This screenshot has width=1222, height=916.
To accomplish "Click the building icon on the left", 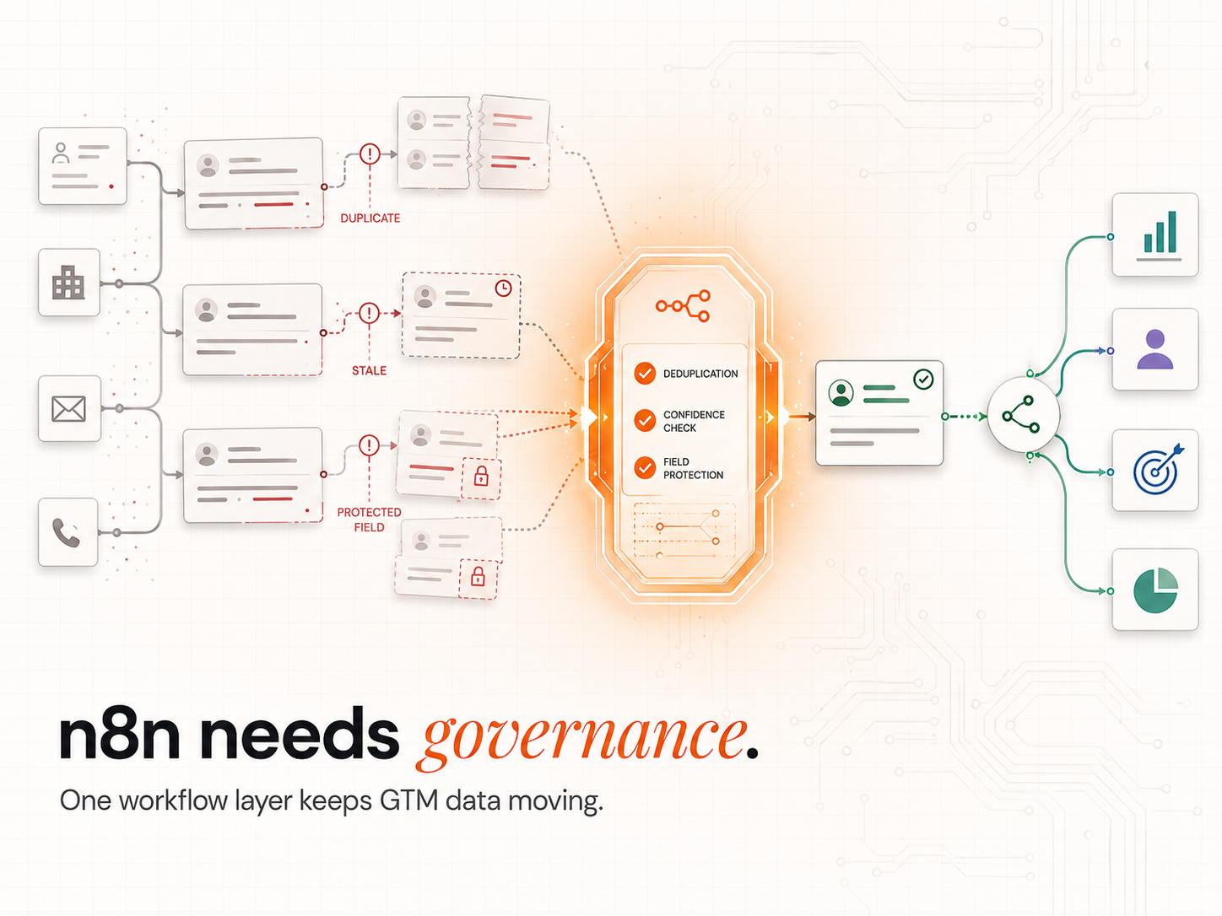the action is pos(68,283).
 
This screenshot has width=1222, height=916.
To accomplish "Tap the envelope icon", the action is pos(68,409).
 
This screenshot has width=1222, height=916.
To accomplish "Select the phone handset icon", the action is pos(67,533).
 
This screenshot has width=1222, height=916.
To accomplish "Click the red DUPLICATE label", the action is pos(370,218).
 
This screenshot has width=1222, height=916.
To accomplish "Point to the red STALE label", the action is pos(369,370).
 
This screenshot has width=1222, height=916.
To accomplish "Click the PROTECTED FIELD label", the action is pos(369,520).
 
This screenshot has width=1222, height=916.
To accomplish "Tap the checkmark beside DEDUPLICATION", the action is pos(645,373).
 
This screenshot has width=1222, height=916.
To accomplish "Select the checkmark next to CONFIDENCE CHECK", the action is pos(645,420).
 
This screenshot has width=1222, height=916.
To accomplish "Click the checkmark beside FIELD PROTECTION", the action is pos(645,468).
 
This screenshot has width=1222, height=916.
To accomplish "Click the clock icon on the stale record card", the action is pos(503,288).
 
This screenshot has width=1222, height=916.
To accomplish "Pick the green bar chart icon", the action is pos(1160,236).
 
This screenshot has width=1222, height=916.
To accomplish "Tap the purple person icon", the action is pos(1155,349).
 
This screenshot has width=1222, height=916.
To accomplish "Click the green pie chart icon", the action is pos(1155,590).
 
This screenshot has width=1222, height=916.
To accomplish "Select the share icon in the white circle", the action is pos(1021,415).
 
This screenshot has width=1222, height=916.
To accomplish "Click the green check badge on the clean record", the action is pos(923,380).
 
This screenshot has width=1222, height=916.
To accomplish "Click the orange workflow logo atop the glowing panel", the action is pos(683,305).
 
